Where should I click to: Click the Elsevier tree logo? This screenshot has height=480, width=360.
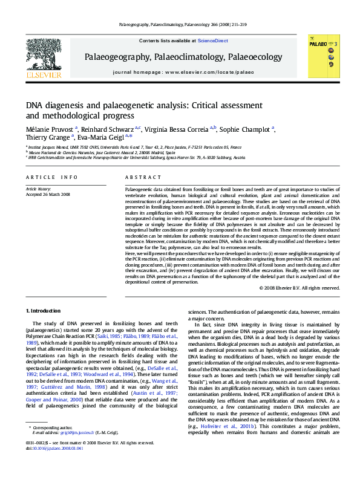click(x=43, y=57)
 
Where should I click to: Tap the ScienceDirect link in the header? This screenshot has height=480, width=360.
click(x=213, y=41)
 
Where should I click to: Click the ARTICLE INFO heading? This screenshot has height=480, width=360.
click(x=51, y=177)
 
